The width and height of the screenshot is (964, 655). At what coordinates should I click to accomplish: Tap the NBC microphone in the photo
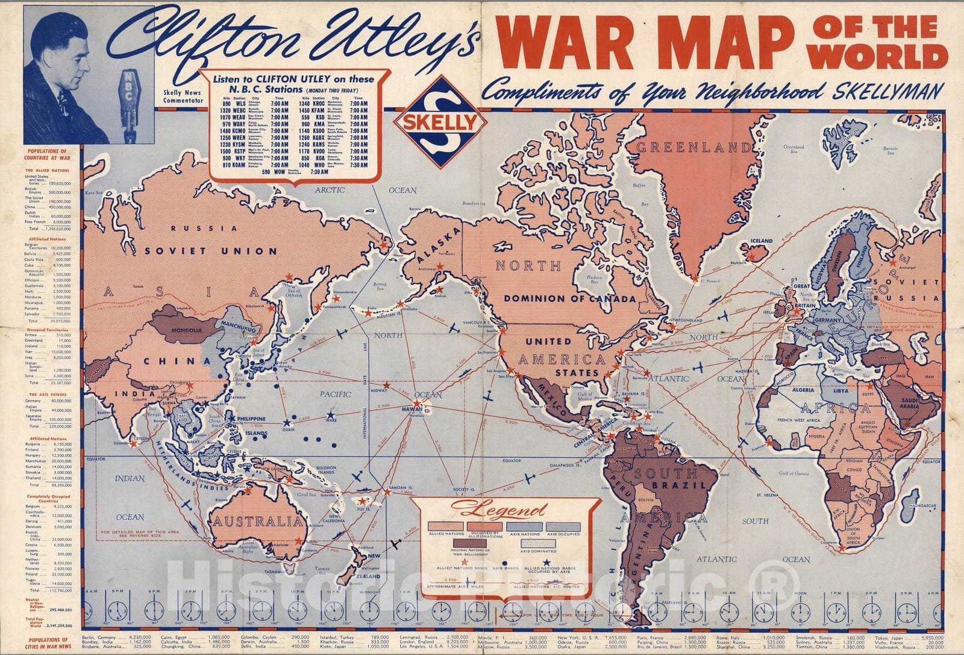pyautogui.click(x=129, y=97)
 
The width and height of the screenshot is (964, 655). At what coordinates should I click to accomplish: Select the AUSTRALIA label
pyautogui.click(x=255, y=521)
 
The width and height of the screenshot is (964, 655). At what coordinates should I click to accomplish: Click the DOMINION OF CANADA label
pyautogui.click(x=570, y=299)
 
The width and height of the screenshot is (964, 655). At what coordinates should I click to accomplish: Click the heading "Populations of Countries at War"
pyautogui.click(x=48, y=154)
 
